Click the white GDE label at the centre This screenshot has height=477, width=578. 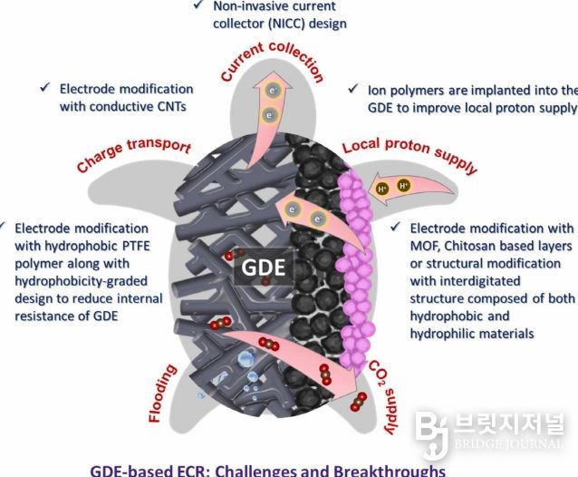click(x=264, y=268)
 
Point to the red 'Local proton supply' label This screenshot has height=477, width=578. click(x=409, y=153)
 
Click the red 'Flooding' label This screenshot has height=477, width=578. click(x=161, y=394)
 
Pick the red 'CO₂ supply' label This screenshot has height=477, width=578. click(x=384, y=398)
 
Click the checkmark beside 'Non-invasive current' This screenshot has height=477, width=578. click(x=198, y=5)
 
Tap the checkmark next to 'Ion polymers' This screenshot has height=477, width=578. click(x=353, y=88)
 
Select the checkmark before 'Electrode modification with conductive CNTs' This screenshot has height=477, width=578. click(x=45, y=87)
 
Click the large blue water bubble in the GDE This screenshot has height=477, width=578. click(x=245, y=359)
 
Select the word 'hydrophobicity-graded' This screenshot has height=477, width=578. click(x=82, y=281)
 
